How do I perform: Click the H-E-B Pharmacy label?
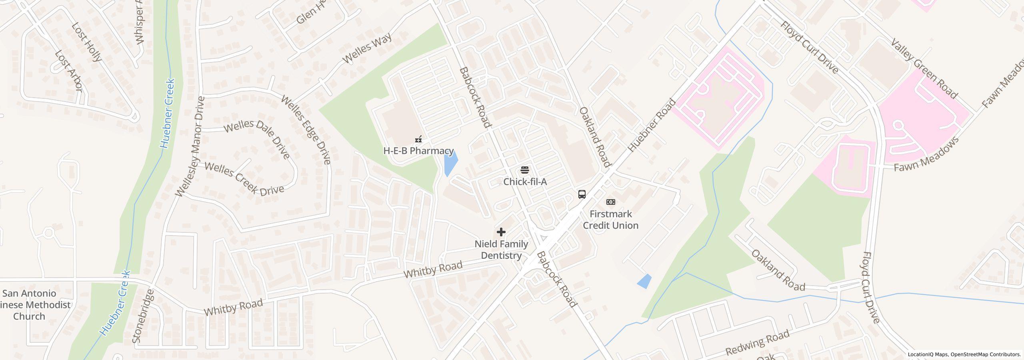[x=418, y=151]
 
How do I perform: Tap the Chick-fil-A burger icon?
[x=525, y=170]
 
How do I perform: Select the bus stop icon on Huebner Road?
[x=582, y=194]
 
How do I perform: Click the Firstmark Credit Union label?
[x=610, y=220]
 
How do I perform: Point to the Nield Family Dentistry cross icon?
[x=501, y=232]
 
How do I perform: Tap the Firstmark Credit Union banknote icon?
[x=611, y=202]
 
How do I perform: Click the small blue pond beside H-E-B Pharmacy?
[x=450, y=164]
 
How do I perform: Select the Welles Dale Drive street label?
[x=256, y=138]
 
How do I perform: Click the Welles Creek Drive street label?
[x=244, y=179]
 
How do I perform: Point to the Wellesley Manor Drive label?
[x=190, y=146]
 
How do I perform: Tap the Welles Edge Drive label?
[x=306, y=130]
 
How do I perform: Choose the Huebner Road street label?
[x=652, y=125]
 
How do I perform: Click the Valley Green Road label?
[x=924, y=69]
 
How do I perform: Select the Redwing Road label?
[x=758, y=342]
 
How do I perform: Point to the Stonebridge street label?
[x=142, y=316]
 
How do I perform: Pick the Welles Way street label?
[x=367, y=48]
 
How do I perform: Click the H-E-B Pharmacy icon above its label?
[x=418, y=139]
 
